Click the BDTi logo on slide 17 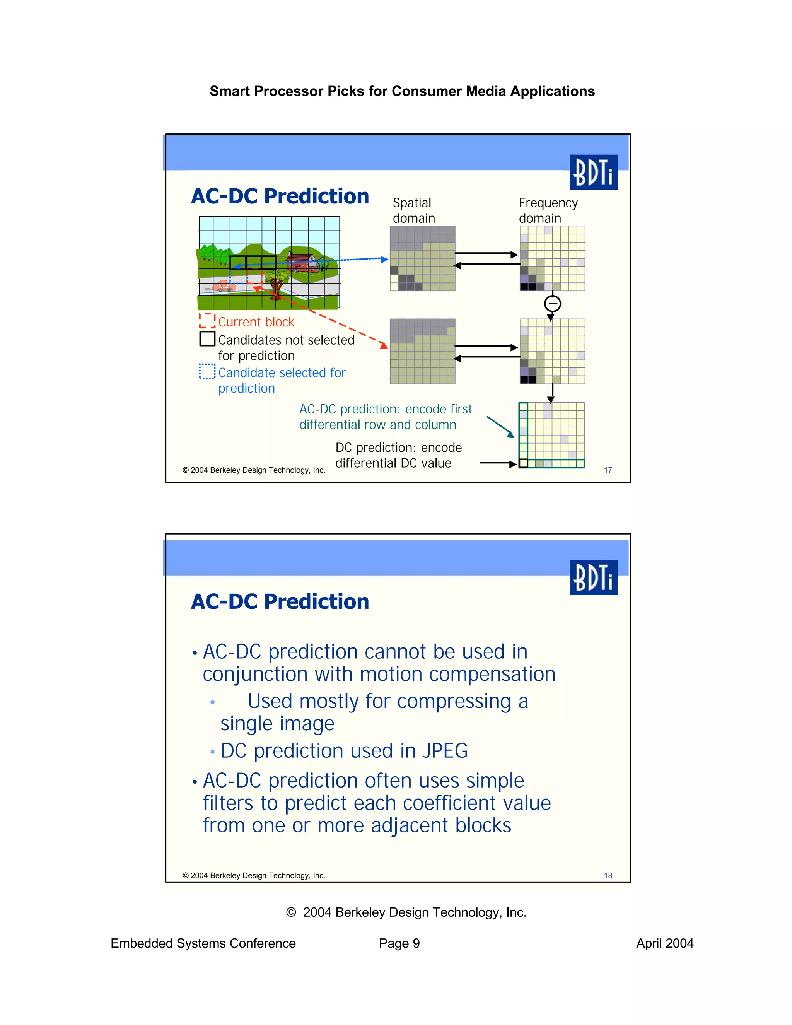pyautogui.click(x=593, y=172)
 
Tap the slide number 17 pyautogui.click(x=608, y=470)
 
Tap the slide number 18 pyautogui.click(x=608, y=875)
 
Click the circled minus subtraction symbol pyautogui.click(x=552, y=304)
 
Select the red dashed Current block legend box pyautogui.click(x=207, y=321)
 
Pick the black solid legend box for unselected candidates pyautogui.click(x=207, y=338)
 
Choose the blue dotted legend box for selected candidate pyautogui.click(x=207, y=371)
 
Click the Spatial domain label pyautogui.click(x=413, y=210)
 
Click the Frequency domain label pyautogui.click(x=548, y=210)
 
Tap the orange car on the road pyautogui.click(x=223, y=285)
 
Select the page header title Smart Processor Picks pyautogui.click(x=402, y=91)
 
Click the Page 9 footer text pyautogui.click(x=399, y=943)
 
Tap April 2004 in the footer pyautogui.click(x=664, y=943)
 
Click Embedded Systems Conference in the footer pyautogui.click(x=203, y=943)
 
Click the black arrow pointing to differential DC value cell pyautogui.click(x=497, y=463)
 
